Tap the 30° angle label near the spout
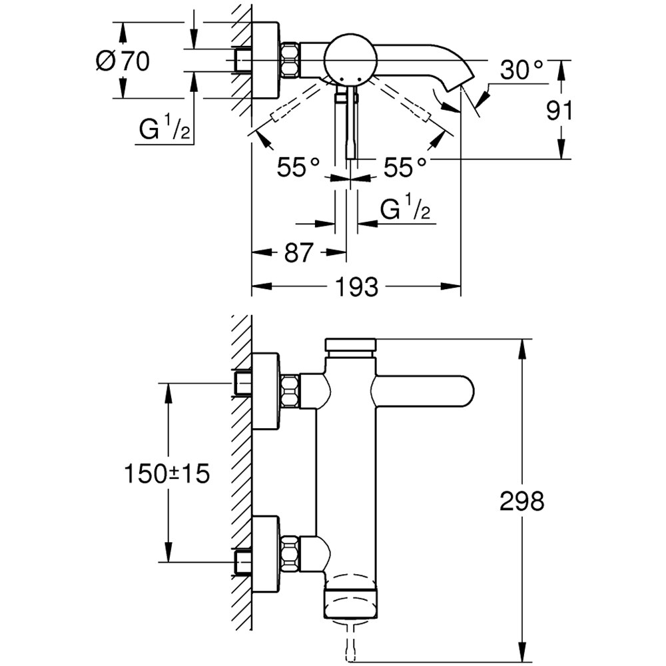pyautogui.click(x=522, y=69)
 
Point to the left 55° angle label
pyautogui.click(x=299, y=166)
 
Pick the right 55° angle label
pyautogui.click(x=404, y=166)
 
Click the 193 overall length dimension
pyautogui.click(x=356, y=287)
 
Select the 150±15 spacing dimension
pyautogui.click(x=166, y=474)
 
